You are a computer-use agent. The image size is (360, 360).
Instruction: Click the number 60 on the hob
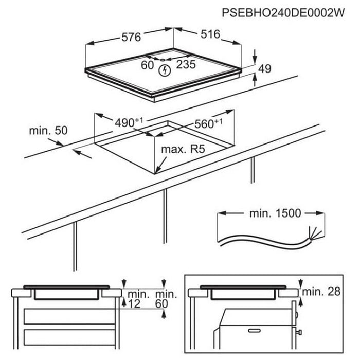[x=148, y=65]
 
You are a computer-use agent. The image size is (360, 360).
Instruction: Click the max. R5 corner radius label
[x=181, y=151]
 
